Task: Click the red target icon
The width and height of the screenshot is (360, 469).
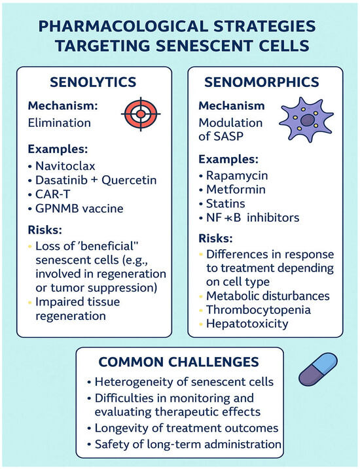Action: click(x=141, y=114)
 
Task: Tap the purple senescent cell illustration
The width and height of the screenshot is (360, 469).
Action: click(x=306, y=120)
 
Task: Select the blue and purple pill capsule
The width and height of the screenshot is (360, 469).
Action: click(x=318, y=369)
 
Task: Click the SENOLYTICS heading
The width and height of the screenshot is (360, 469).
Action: click(x=93, y=82)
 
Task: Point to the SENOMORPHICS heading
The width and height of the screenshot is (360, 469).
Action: click(x=262, y=82)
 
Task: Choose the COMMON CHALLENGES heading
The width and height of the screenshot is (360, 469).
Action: click(x=179, y=362)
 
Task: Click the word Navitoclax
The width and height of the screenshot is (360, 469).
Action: click(x=65, y=165)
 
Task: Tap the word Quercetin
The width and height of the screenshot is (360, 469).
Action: click(x=129, y=180)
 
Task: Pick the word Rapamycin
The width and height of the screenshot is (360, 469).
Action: click(x=237, y=175)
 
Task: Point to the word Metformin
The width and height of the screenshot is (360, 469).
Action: click(x=236, y=189)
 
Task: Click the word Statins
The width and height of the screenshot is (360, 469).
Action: click(x=226, y=203)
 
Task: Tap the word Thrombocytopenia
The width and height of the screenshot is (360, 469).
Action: click(x=259, y=310)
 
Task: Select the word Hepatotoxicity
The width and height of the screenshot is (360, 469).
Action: click(x=247, y=324)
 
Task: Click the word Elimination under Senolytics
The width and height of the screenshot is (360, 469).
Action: click(x=60, y=123)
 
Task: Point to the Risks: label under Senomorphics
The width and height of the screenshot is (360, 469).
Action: click(x=216, y=238)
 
